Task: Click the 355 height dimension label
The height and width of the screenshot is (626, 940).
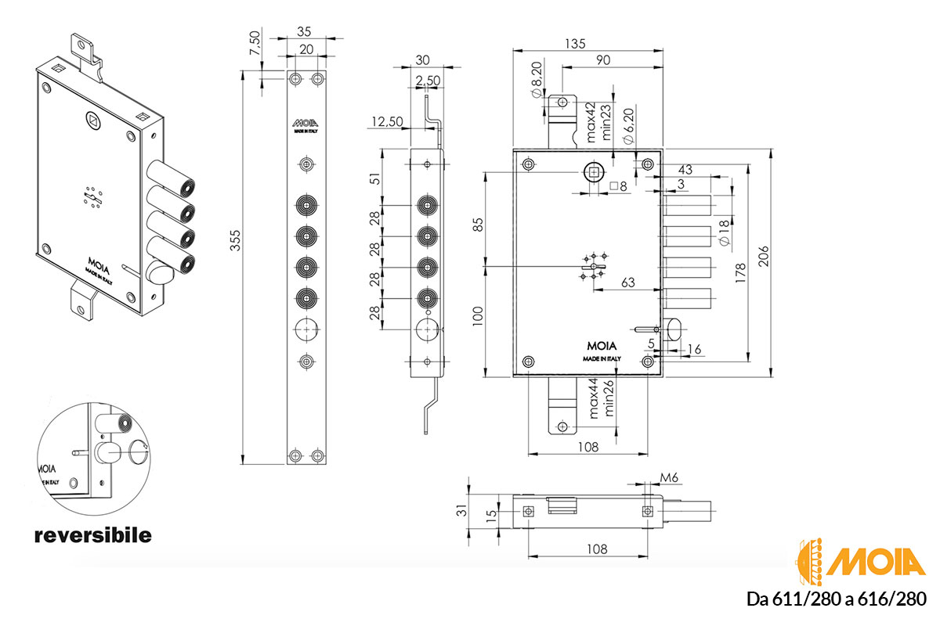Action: tap(236, 240)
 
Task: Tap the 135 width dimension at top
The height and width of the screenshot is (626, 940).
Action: tap(574, 44)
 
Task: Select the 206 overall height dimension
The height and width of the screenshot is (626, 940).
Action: tap(763, 256)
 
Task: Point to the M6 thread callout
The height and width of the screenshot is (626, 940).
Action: tap(669, 477)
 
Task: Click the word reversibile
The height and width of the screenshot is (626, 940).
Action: tap(92, 535)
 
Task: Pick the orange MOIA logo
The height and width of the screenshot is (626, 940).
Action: tap(860, 562)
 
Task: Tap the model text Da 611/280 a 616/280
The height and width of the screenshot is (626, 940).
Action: tap(836, 599)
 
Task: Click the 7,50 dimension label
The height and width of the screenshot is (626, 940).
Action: tap(255, 43)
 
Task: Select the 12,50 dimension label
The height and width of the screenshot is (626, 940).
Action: tap(387, 121)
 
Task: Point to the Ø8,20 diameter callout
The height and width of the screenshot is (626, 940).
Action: tap(537, 80)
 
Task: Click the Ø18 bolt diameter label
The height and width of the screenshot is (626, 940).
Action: tap(725, 232)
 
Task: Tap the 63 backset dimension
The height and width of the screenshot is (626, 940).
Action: tap(627, 282)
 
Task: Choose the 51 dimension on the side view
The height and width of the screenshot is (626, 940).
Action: tap(377, 178)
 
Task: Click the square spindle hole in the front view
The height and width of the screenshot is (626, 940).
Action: tap(594, 172)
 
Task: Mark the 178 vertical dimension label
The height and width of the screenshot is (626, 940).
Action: tap(741, 273)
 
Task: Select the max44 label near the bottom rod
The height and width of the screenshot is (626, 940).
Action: tap(593, 398)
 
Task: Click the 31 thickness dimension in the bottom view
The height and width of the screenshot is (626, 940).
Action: tap(461, 510)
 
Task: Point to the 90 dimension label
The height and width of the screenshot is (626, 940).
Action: tap(603, 60)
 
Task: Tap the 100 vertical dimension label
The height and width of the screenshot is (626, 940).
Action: tap(478, 317)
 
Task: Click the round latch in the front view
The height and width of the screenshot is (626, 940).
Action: tap(673, 329)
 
